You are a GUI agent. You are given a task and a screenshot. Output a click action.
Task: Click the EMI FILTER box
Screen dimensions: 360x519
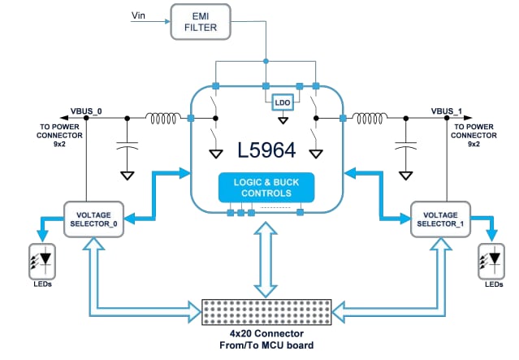(x=199, y=20)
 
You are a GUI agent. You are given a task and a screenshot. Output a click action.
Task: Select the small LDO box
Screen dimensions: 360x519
(x=283, y=102)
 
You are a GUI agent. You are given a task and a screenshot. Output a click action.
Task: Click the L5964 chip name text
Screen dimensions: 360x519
(x=266, y=150)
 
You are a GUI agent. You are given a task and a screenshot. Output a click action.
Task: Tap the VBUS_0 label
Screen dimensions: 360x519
(x=86, y=110)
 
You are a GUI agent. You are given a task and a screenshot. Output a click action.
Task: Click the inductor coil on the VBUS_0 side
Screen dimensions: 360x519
(x=162, y=119)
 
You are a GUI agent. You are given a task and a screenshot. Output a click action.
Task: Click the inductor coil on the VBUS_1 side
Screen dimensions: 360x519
(x=371, y=119)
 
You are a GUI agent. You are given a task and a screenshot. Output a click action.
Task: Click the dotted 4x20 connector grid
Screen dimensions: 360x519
(x=267, y=311)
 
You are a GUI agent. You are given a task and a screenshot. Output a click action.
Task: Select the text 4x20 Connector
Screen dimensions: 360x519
(x=267, y=334)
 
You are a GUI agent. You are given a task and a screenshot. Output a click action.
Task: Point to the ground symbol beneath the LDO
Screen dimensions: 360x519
(x=283, y=121)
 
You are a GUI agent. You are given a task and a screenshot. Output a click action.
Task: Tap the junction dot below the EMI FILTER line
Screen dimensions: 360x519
(x=266, y=61)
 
